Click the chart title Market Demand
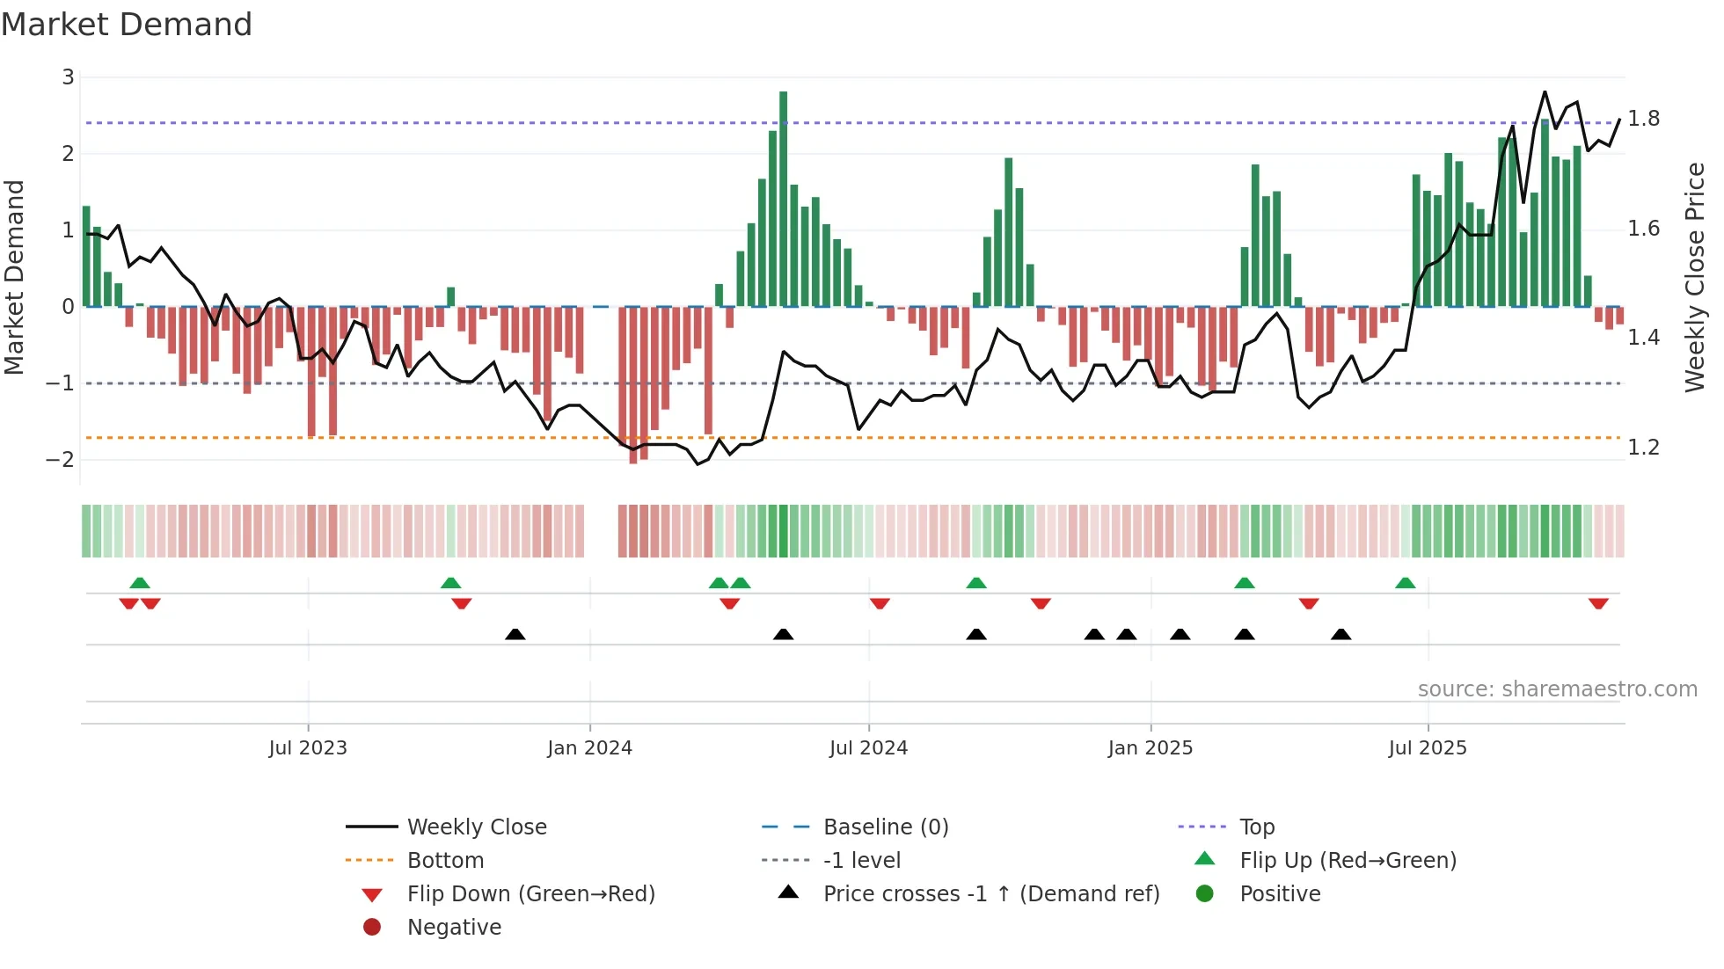[x=127, y=25]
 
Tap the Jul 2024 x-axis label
[x=868, y=748]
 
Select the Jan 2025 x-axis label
[x=1150, y=748]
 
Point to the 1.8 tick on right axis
[x=1643, y=119]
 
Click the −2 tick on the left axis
[x=61, y=460]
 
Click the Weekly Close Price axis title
[x=1694, y=277]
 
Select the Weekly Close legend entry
[x=476, y=827]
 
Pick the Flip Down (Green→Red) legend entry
[x=530, y=894]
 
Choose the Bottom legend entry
[x=445, y=861]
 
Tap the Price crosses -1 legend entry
[x=990, y=894]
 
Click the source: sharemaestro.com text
[x=1557, y=689]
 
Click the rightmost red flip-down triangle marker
[x=1598, y=603]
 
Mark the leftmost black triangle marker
[x=515, y=634]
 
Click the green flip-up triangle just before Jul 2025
[x=1405, y=583]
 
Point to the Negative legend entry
[x=454, y=928]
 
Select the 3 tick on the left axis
[x=68, y=77]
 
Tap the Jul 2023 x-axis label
[x=308, y=748]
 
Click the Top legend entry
[x=1256, y=827]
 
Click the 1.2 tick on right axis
[x=1643, y=448]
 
